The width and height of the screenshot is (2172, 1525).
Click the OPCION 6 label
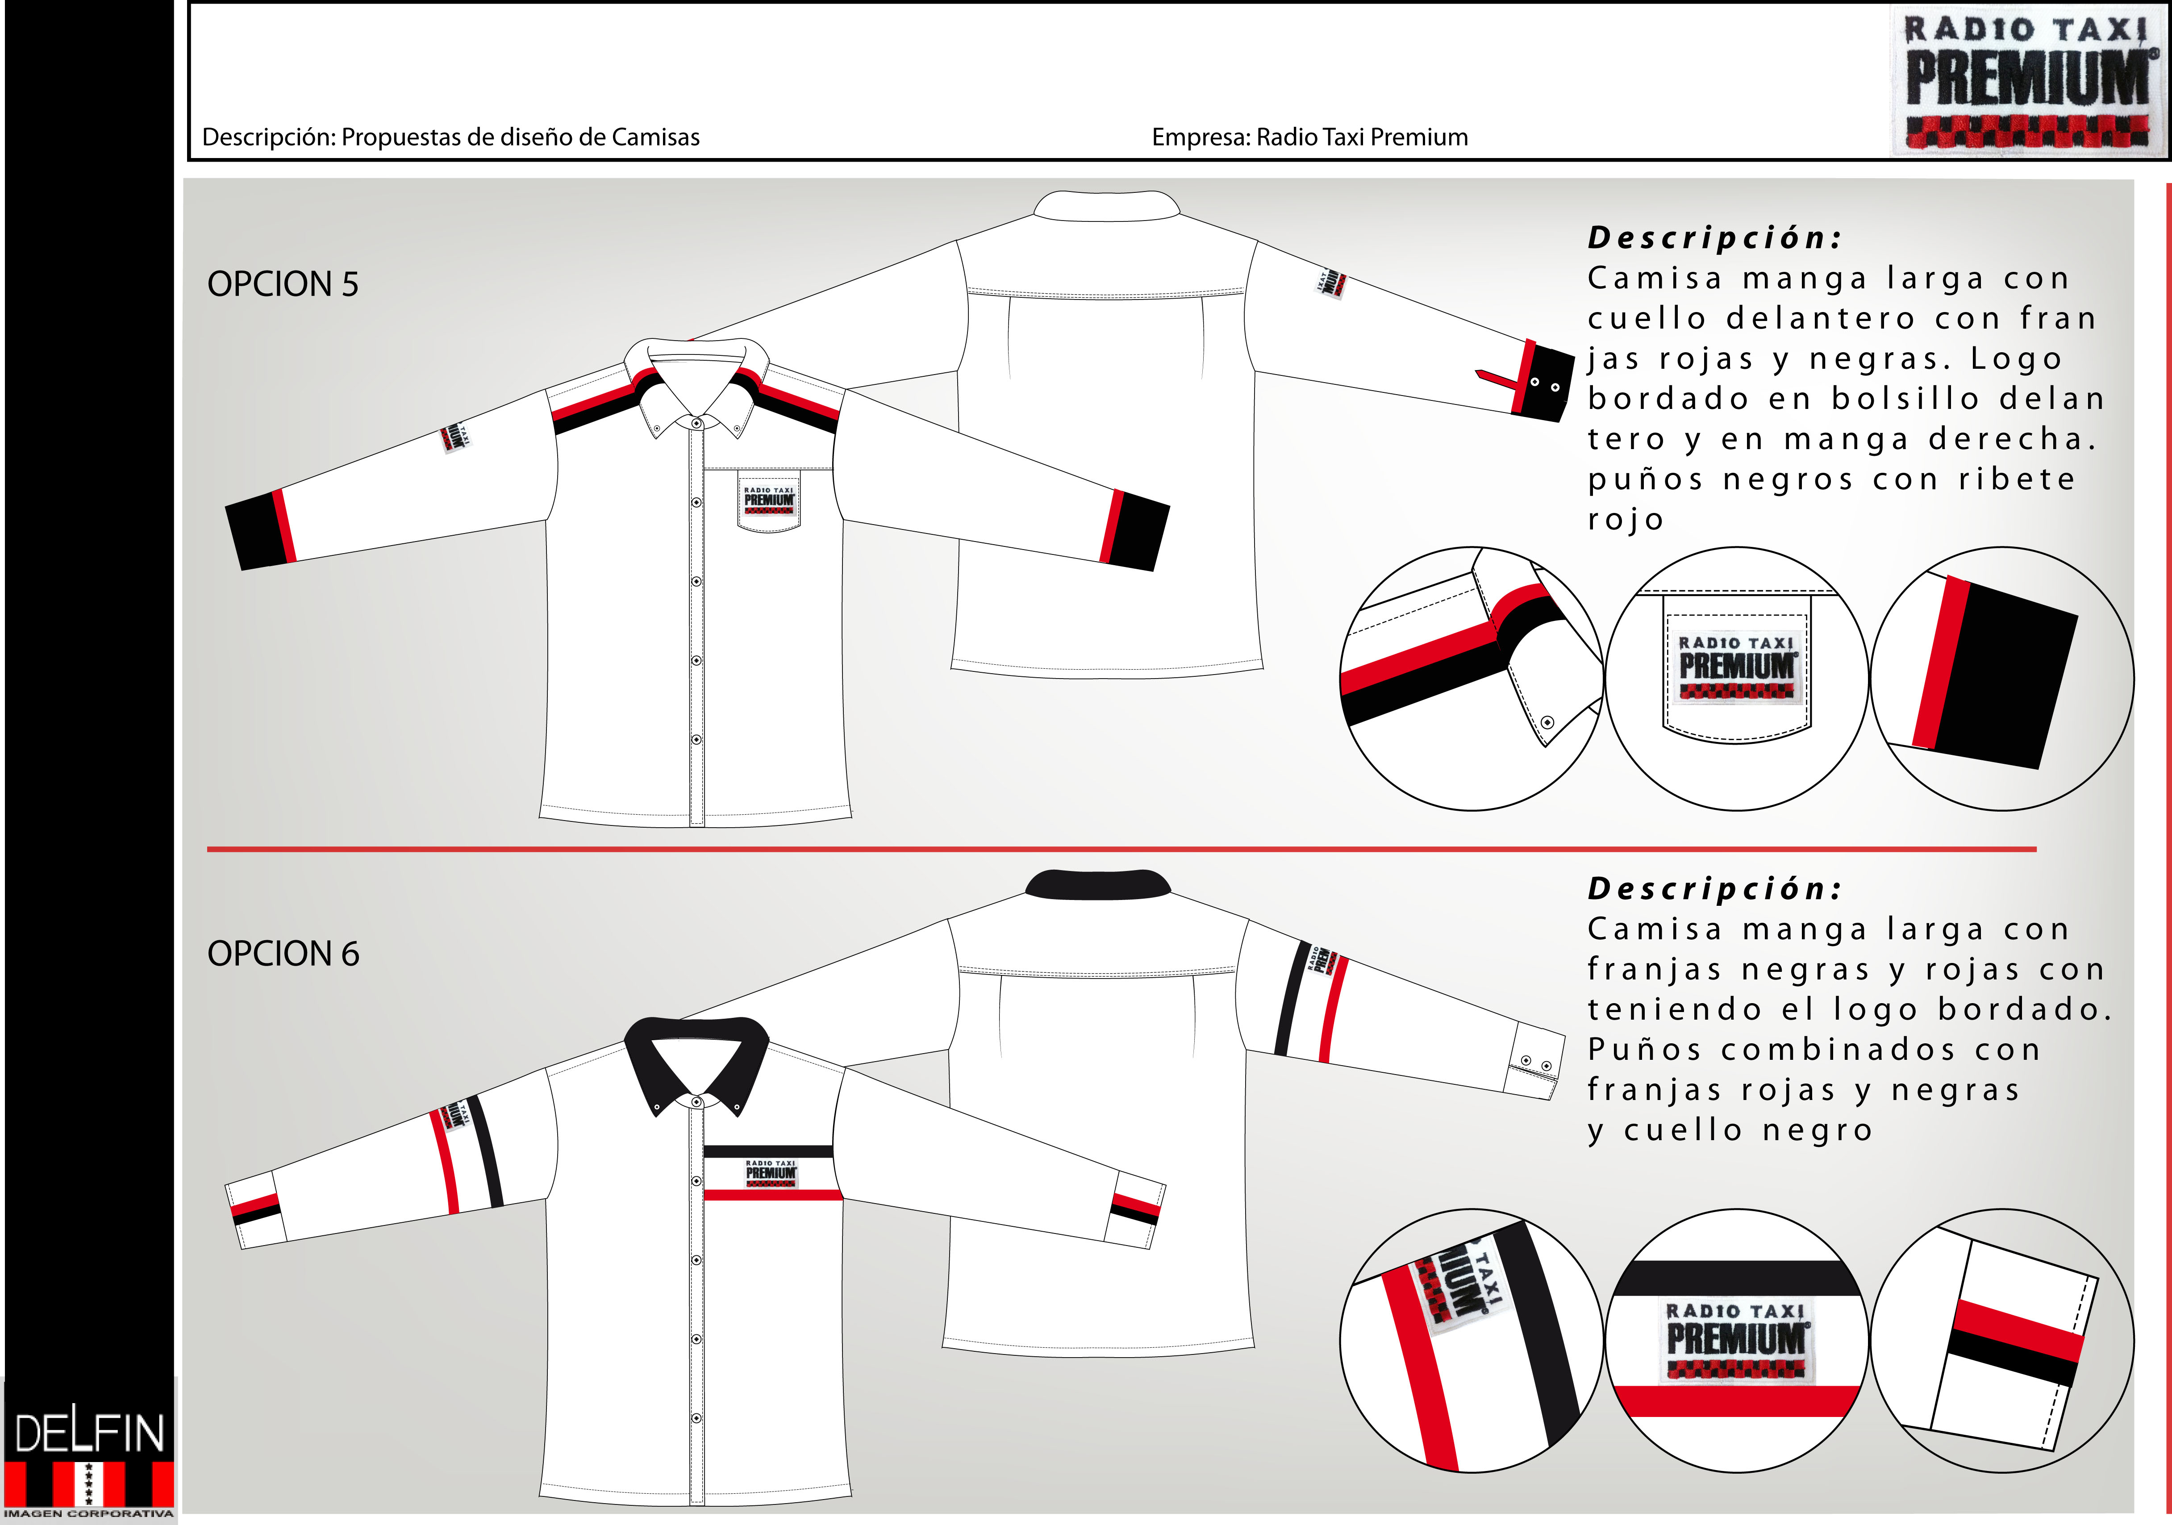coord(283,954)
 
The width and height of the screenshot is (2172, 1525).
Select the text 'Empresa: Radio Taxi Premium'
coord(1309,137)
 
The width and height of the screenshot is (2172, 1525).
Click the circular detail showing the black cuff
coord(2002,678)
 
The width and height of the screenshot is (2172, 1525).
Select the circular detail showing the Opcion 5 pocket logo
coord(1737,678)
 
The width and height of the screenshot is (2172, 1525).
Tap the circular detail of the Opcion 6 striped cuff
coord(2002,1341)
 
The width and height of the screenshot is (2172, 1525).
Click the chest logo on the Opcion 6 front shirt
coord(771,1173)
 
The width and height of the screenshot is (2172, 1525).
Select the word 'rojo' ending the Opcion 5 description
coord(1625,519)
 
